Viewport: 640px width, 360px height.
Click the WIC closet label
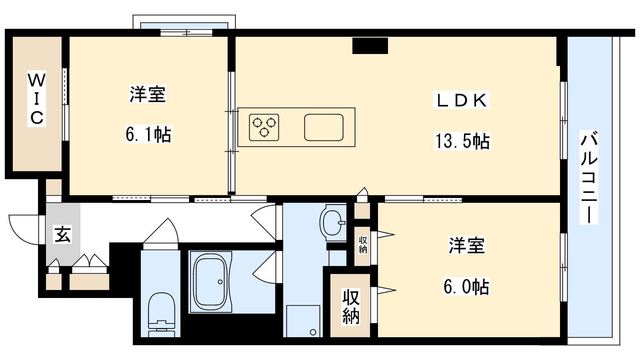[36, 99]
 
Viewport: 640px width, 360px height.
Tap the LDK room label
[461, 100]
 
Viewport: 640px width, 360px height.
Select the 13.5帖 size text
[462, 141]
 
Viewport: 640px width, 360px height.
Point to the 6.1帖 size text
[148, 134]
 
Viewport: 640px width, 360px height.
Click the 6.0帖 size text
[466, 286]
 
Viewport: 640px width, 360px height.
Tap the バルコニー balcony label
[589, 177]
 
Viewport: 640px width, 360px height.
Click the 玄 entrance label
[63, 234]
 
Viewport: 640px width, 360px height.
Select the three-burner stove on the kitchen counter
[264, 128]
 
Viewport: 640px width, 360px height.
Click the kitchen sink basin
[324, 128]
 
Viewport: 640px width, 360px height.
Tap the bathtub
[210, 282]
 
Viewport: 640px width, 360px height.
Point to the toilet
[162, 314]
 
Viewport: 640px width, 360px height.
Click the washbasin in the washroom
[333, 223]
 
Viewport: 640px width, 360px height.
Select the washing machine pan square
[303, 321]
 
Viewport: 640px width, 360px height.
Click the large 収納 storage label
[350, 307]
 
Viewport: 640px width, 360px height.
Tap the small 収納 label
[363, 245]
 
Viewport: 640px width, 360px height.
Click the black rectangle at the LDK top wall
[370, 46]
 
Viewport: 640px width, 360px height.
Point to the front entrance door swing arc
[20, 236]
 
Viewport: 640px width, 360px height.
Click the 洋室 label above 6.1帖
[148, 94]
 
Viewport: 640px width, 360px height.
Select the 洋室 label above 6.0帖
[467, 245]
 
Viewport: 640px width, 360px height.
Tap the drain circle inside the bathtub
[220, 282]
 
